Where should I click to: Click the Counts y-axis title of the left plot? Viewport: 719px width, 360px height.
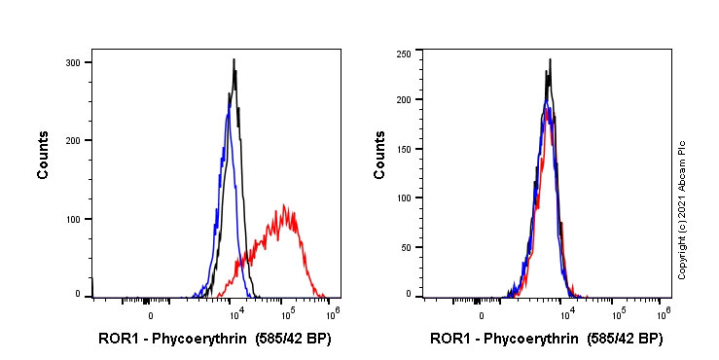click(x=43, y=156)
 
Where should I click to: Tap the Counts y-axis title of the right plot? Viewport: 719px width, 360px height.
click(x=379, y=156)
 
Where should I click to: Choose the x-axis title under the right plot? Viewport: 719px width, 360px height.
click(x=546, y=340)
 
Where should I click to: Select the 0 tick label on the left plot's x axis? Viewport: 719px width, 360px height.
click(x=150, y=316)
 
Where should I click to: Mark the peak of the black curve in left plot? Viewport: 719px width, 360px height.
click(x=234, y=60)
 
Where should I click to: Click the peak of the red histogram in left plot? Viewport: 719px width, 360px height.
click(x=284, y=205)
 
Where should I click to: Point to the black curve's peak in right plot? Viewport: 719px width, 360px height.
click(x=550, y=59)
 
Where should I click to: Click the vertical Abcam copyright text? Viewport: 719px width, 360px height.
click(x=682, y=209)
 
